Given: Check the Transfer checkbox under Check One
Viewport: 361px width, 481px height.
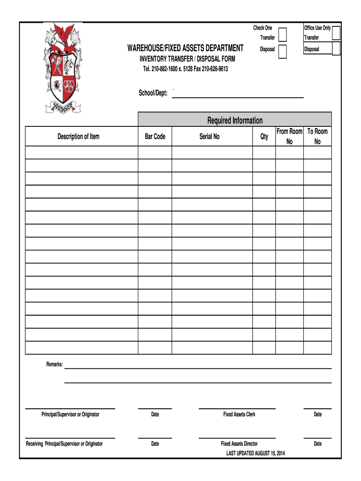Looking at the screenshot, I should tap(283, 35).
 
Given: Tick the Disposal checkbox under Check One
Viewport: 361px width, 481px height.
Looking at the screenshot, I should tap(283, 51).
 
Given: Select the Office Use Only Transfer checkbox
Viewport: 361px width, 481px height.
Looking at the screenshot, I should tap(336, 32).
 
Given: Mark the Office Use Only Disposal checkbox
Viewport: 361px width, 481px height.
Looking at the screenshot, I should tap(336, 48).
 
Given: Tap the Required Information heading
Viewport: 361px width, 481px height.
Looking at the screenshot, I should tap(235, 120).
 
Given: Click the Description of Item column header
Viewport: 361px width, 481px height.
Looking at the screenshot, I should tap(79, 137).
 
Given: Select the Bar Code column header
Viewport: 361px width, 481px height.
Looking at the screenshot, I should tap(155, 137).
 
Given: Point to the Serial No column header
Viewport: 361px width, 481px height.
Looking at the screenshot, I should tap(209, 137).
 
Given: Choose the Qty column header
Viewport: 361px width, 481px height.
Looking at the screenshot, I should tap(264, 137).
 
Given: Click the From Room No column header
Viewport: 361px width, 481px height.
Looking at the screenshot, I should tap(289, 136).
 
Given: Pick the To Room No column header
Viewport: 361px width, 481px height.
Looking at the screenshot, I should tap(317, 136).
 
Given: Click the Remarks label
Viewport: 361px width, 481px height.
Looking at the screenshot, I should tap(54, 365).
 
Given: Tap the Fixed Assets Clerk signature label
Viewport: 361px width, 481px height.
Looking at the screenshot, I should tap(239, 414).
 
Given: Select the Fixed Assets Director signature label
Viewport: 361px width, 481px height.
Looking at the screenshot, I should tap(239, 443).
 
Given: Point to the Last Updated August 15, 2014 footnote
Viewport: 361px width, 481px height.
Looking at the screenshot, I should tap(256, 453).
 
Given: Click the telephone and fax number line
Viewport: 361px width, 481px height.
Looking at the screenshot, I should tap(185, 69).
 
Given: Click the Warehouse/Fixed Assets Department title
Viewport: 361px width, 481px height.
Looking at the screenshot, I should tap(185, 48).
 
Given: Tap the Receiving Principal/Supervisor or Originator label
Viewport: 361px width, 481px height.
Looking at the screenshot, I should tap(64, 443).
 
